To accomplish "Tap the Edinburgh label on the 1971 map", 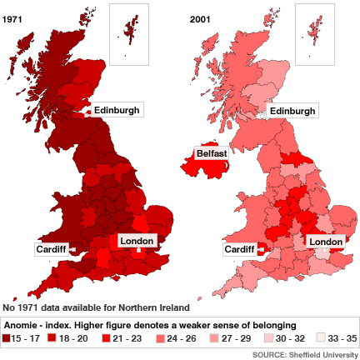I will [x=117, y=110].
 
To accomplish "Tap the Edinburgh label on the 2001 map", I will [x=292, y=111].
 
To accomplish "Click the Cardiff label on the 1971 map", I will [x=50, y=248].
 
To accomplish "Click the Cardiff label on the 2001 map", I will [x=239, y=248].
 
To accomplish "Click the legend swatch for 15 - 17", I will [x=7, y=339].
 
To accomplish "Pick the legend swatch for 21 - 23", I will [x=106, y=339].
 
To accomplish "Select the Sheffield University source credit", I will [x=304, y=354].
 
